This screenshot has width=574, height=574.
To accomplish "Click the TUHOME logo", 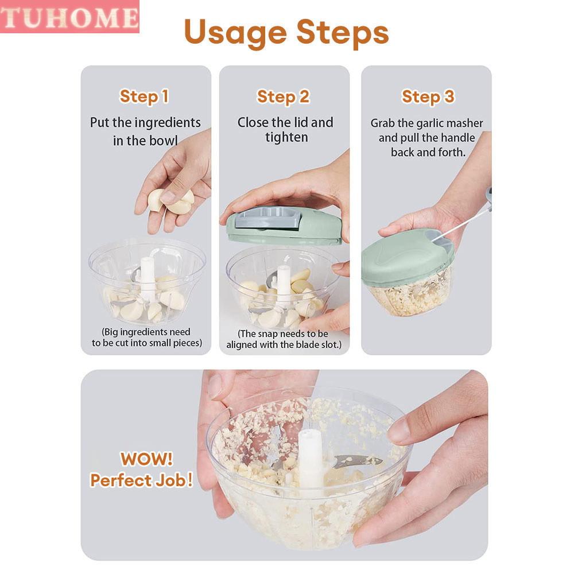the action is click(69, 17).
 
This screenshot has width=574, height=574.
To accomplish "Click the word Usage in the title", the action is click(235, 33).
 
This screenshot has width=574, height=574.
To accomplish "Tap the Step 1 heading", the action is click(144, 96).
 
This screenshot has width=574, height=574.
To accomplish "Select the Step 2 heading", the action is click(284, 97).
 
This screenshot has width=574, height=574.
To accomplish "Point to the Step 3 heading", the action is click(428, 97).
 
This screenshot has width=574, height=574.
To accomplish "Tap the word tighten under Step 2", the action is click(286, 137).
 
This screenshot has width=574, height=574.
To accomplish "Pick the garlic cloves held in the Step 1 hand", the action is click(171, 201).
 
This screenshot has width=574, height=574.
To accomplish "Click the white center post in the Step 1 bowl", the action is click(148, 278).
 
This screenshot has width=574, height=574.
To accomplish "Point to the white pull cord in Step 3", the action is click(462, 224).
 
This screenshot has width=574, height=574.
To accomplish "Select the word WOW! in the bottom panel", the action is click(147, 459).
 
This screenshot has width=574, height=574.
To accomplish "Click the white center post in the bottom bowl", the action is click(311, 461).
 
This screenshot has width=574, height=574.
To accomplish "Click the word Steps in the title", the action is click(343, 33).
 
